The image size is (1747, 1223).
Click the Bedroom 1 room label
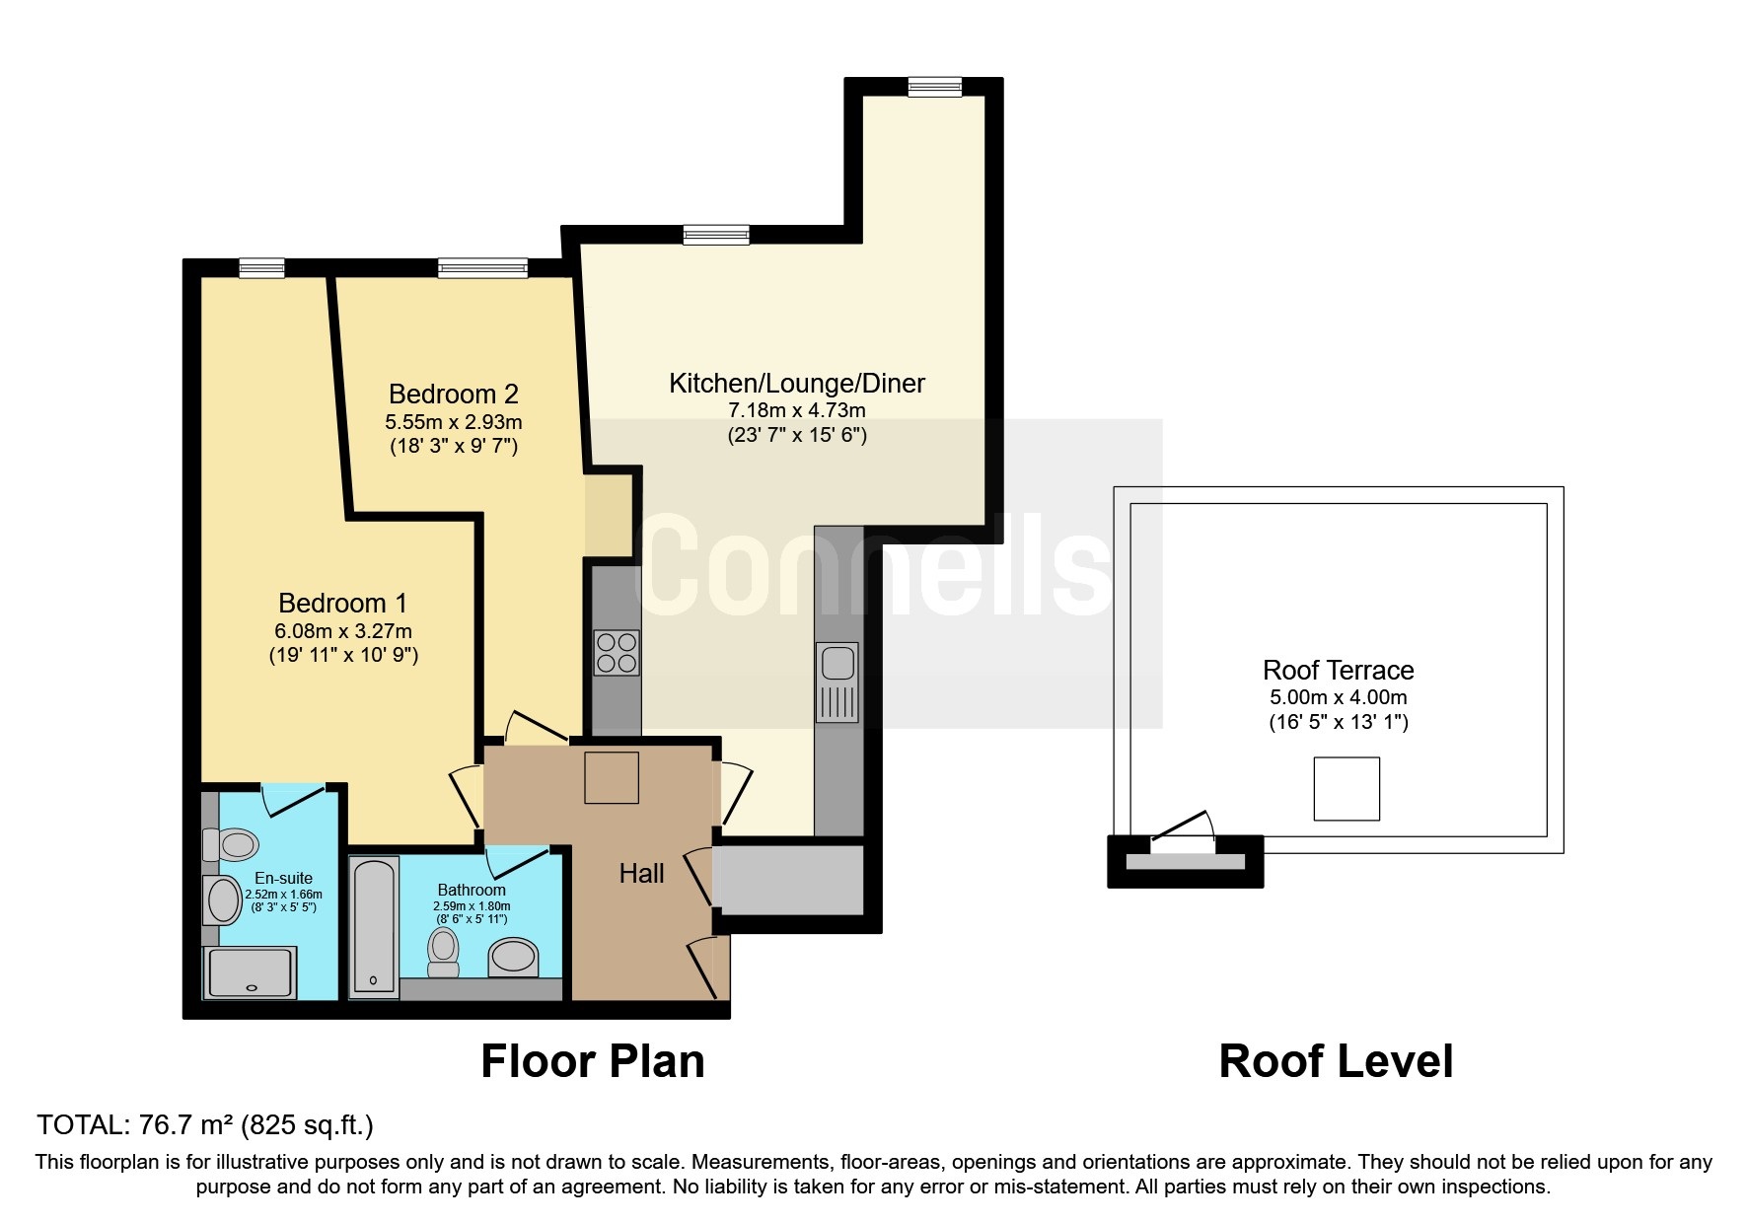tap(342, 603)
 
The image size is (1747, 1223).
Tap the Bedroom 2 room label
tap(454, 395)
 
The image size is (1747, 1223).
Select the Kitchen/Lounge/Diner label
tap(797, 384)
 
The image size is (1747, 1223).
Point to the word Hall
tap(641, 873)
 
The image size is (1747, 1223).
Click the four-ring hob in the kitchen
tap(617, 652)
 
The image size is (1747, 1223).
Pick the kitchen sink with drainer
tap(837, 682)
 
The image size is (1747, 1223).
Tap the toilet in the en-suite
tap(231, 844)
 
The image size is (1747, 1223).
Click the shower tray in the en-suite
tap(250, 972)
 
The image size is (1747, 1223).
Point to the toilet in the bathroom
tap(444, 952)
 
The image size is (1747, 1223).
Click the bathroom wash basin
tap(514, 957)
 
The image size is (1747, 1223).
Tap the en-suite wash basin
tap(223, 899)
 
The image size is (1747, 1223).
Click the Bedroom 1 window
tap(261, 267)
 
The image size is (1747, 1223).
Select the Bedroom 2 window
tap(482, 267)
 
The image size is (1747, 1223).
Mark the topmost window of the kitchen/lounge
tap(935, 87)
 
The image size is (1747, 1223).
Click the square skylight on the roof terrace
tap(1347, 789)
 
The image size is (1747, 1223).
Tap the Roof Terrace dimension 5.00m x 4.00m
tap(1339, 697)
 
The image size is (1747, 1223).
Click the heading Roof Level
tap(1337, 1061)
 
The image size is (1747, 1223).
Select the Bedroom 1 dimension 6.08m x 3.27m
tap(343, 630)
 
